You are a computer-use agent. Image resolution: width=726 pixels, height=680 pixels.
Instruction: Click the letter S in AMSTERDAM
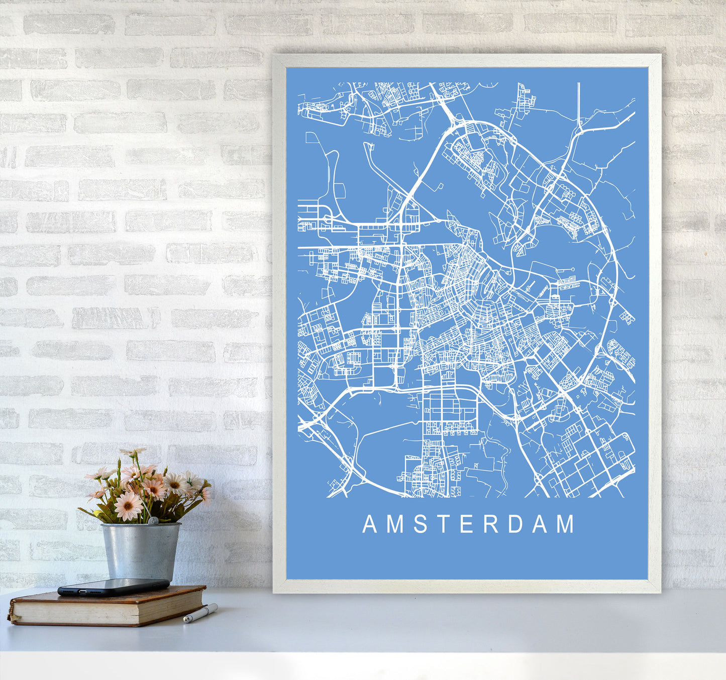(x=421, y=524)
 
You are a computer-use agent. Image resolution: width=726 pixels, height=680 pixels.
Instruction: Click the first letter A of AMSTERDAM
(x=369, y=524)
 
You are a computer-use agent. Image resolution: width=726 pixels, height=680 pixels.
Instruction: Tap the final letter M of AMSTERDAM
(x=566, y=524)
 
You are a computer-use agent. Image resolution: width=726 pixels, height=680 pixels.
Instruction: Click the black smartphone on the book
(x=113, y=587)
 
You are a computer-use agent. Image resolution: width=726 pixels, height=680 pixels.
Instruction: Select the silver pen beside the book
(x=200, y=613)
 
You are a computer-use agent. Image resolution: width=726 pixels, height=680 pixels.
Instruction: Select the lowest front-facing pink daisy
(x=128, y=506)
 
